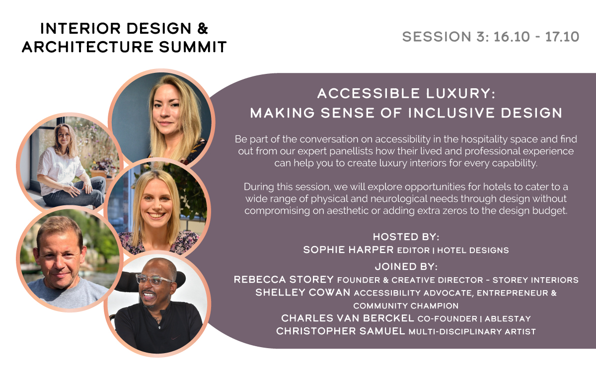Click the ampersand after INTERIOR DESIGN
coord(203,28)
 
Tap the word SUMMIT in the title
coord(193,47)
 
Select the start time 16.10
coord(512,37)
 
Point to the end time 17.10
coord(562,37)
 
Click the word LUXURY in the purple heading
coord(460,94)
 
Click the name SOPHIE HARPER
coord(348,249)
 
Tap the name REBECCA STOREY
coord(284,279)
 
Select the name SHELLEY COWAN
coord(303,293)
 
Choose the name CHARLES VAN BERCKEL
coord(348,318)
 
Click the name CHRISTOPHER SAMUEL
coord(340,331)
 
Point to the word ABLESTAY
coord(508,319)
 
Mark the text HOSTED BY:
coord(406,237)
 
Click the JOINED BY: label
coord(406,266)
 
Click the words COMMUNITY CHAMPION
coord(406,305)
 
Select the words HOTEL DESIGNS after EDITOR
coord(473,250)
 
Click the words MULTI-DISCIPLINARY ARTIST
coord(472,332)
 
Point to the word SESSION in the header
coord(437,37)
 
